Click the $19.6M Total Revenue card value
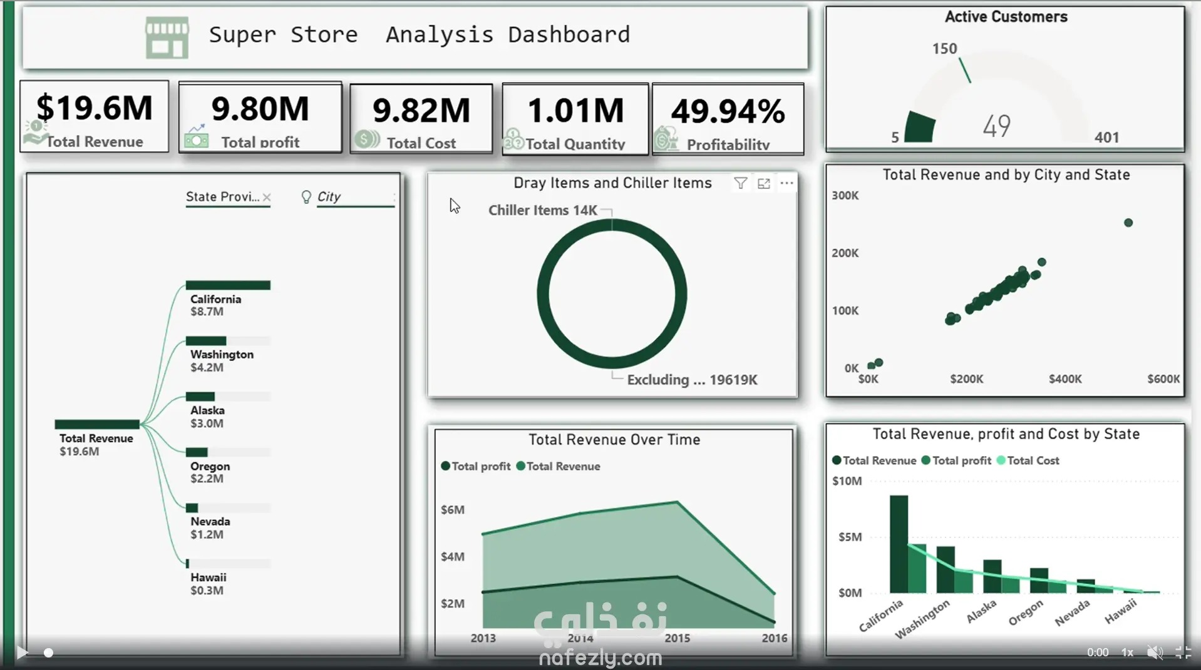click(95, 108)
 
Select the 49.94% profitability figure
click(728, 111)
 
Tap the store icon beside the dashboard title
click(167, 38)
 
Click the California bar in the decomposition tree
click(228, 285)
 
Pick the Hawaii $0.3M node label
click(209, 584)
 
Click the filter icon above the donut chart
click(741, 183)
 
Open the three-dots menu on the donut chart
click(786, 183)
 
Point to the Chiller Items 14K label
click(542, 210)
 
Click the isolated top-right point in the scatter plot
click(1128, 223)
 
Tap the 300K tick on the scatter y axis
click(845, 196)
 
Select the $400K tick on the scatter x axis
click(1065, 379)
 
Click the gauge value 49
click(996, 126)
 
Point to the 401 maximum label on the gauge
click(1106, 137)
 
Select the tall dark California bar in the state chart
click(899, 544)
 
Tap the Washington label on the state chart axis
click(922, 619)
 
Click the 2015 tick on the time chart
click(677, 638)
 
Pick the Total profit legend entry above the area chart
click(476, 466)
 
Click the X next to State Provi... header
click(267, 197)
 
